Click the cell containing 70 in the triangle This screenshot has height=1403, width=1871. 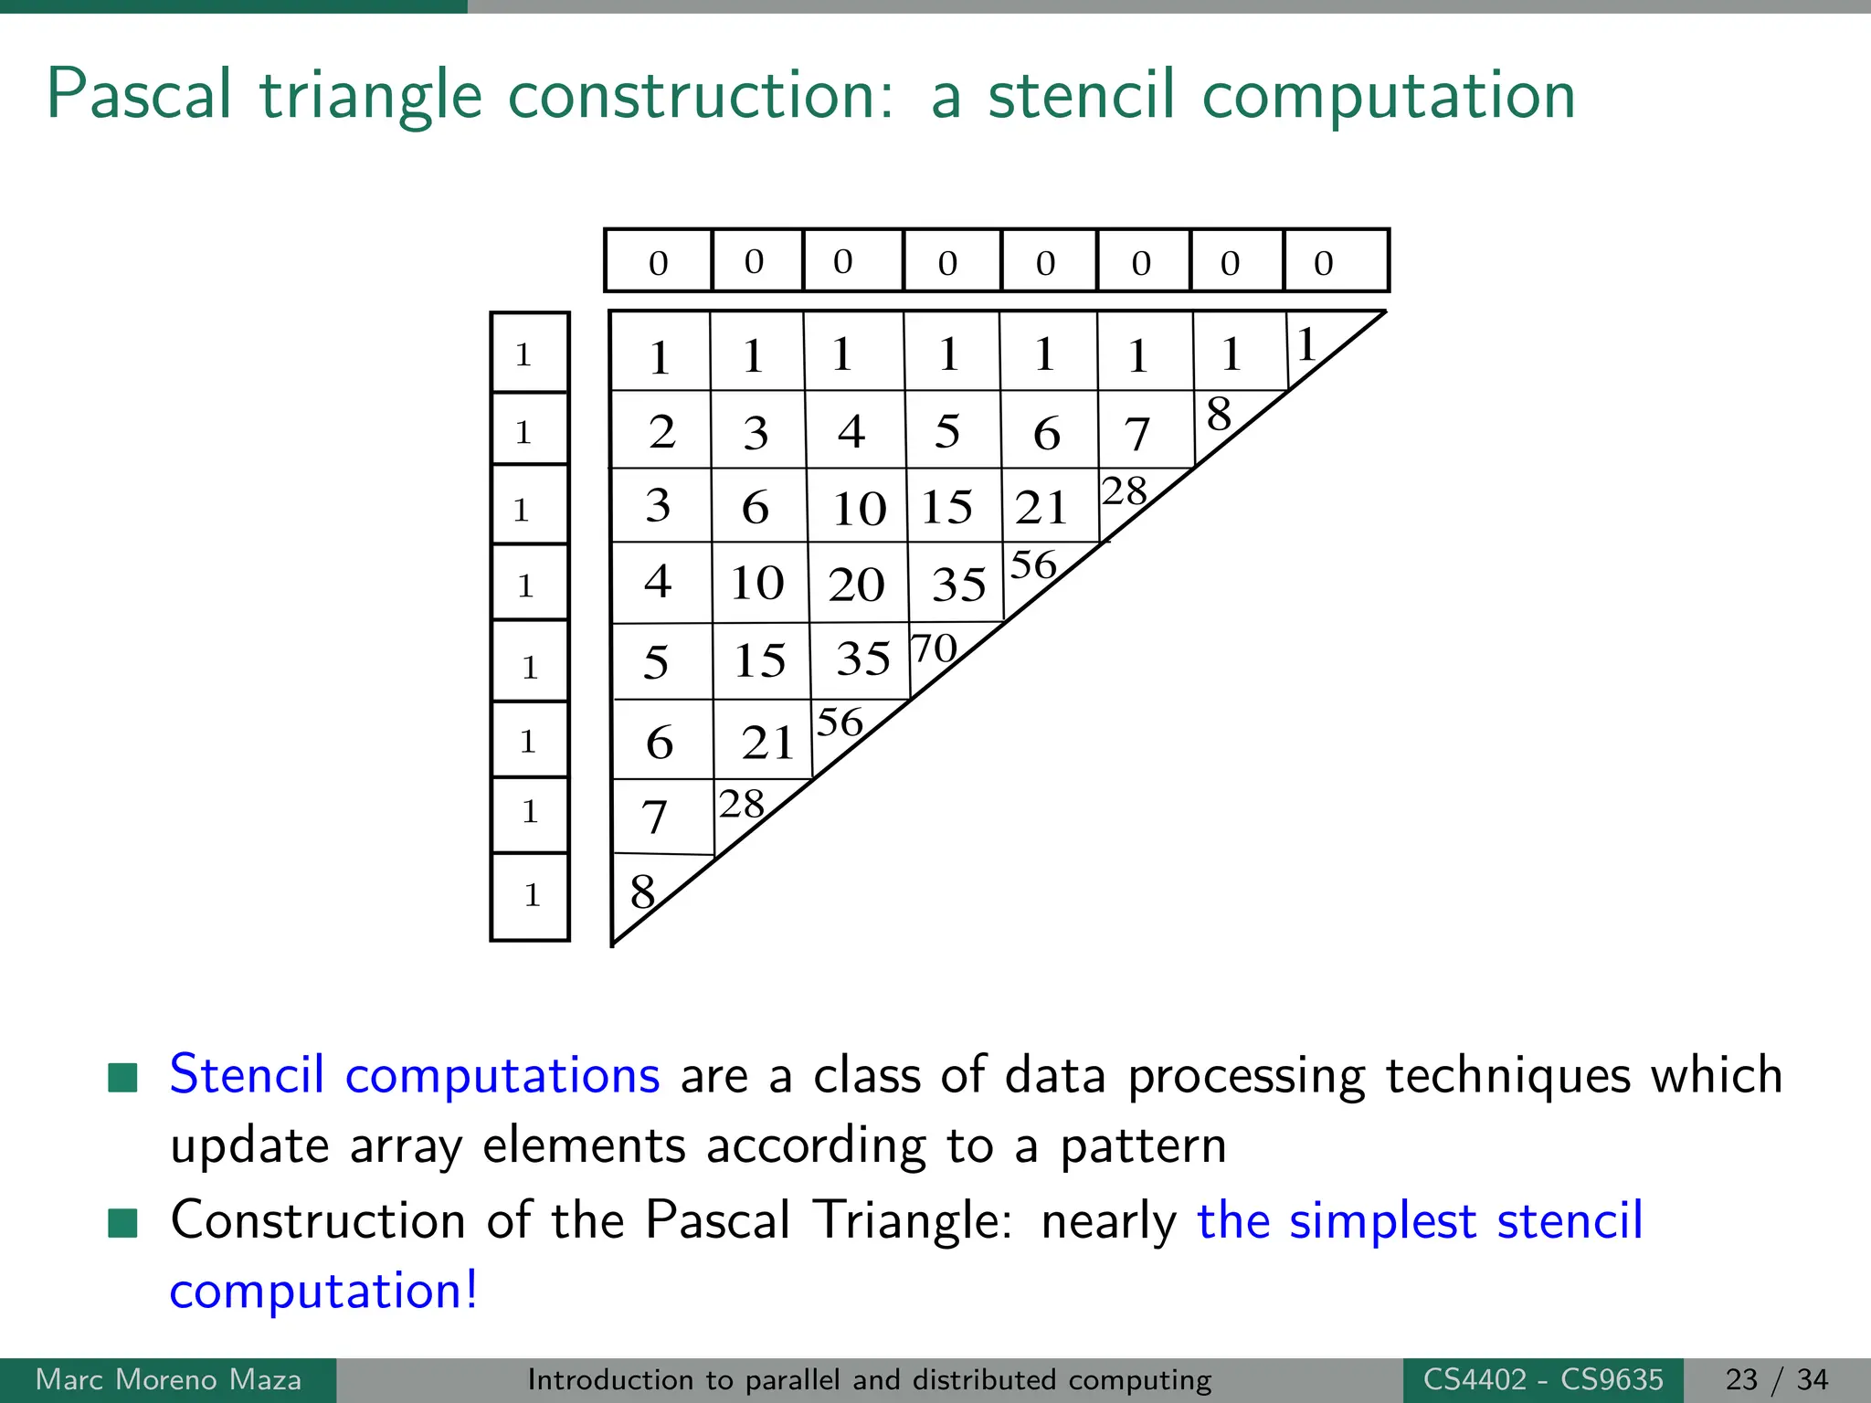coord(935,649)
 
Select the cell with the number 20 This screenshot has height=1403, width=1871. coord(856,584)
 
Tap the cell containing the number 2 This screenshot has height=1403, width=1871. coord(661,431)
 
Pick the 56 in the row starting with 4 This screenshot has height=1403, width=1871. coord(1033,565)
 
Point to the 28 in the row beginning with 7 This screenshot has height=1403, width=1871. coord(741,805)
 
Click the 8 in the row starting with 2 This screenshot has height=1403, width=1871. coord(1219,415)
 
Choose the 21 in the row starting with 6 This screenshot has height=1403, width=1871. coord(766,742)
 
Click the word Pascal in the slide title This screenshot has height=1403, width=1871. coord(140,95)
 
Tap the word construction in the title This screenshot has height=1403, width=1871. coord(700,95)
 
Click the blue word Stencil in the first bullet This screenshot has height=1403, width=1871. coord(247,1074)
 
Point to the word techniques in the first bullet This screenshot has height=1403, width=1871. coord(1507,1074)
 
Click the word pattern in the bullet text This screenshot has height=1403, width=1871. coord(1143,1145)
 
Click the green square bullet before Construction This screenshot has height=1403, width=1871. coord(122,1222)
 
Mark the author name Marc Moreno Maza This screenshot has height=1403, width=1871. coord(168,1379)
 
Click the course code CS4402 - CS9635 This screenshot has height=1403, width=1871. coord(1543,1379)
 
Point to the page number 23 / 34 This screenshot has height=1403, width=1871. coord(1777,1379)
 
